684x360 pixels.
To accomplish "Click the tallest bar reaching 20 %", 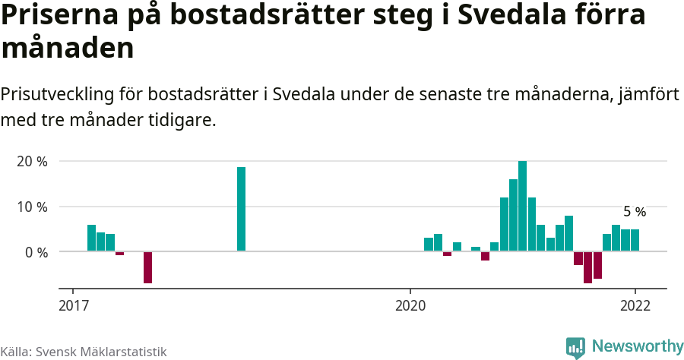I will (x=522, y=206).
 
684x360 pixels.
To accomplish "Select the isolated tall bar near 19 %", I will (x=241, y=209).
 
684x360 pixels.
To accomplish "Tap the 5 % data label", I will (x=634, y=212).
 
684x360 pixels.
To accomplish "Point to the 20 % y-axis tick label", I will (x=32, y=162).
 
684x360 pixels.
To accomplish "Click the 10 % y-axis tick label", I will (x=32, y=207).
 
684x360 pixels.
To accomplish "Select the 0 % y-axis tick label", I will (x=36, y=251).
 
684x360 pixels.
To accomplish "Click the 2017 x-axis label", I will (x=73, y=306).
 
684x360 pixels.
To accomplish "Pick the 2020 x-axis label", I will (x=410, y=306).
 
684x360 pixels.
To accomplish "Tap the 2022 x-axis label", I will (x=635, y=306).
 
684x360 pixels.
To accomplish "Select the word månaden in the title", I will (x=68, y=49).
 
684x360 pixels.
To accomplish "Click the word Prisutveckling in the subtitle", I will (x=57, y=95).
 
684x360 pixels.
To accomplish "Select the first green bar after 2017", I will (x=91, y=238).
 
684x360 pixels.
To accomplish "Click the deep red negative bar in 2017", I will (x=147, y=267).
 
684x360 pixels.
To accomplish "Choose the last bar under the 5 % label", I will (x=635, y=240).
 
